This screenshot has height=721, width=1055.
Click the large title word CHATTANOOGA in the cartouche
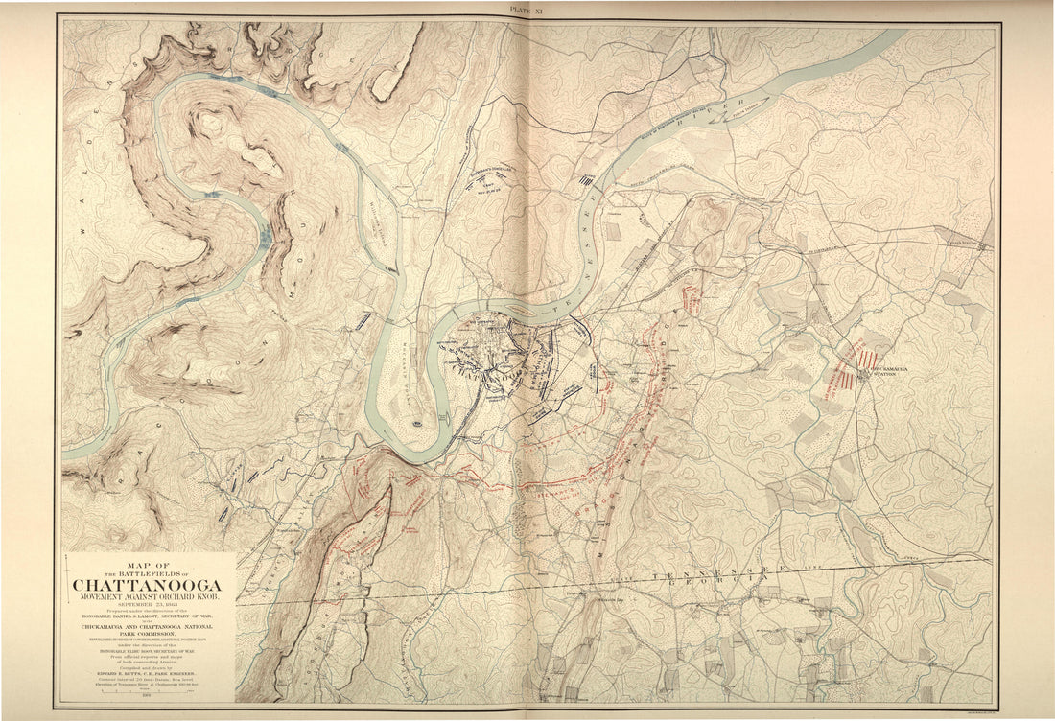[x=147, y=585]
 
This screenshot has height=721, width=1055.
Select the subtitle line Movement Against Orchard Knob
[x=147, y=597]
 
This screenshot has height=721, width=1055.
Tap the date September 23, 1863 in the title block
[x=147, y=605]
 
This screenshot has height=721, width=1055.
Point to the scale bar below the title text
[x=147, y=691]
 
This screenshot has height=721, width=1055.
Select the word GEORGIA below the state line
[x=710, y=583]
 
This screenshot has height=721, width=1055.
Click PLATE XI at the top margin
[x=528, y=8]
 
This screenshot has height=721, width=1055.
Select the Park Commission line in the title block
[x=147, y=633]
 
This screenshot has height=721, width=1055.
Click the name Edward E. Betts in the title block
[x=147, y=676]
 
